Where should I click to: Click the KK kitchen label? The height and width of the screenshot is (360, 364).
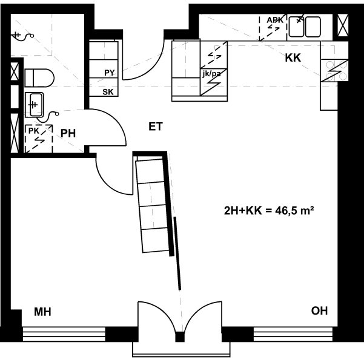(293, 57)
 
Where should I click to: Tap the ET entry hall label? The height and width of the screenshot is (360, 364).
(156, 126)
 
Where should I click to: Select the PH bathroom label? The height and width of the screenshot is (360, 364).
(68, 133)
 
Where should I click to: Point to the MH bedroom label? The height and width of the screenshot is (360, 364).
(42, 312)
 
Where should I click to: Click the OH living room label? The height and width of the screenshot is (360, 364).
(319, 310)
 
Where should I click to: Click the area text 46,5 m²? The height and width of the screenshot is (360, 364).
(295, 211)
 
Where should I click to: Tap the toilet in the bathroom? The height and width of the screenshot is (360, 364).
(39, 77)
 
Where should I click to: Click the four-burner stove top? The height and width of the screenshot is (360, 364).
(334, 70)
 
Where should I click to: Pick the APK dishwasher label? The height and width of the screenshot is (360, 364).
(275, 20)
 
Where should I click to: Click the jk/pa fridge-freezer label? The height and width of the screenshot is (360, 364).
(211, 74)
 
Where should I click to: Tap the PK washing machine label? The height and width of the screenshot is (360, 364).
(34, 131)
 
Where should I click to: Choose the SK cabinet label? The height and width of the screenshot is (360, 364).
(108, 92)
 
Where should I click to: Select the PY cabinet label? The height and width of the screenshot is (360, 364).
(110, 73)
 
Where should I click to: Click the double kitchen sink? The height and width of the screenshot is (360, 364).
(305, 27)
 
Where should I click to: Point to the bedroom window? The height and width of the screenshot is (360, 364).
(64, 334)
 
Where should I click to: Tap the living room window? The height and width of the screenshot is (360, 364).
(293, 334)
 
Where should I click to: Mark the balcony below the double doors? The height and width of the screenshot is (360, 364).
(181, 349)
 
